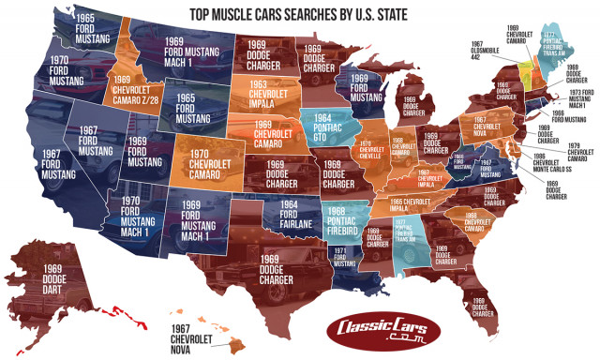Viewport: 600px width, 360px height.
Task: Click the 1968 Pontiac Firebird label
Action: [345, 217]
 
